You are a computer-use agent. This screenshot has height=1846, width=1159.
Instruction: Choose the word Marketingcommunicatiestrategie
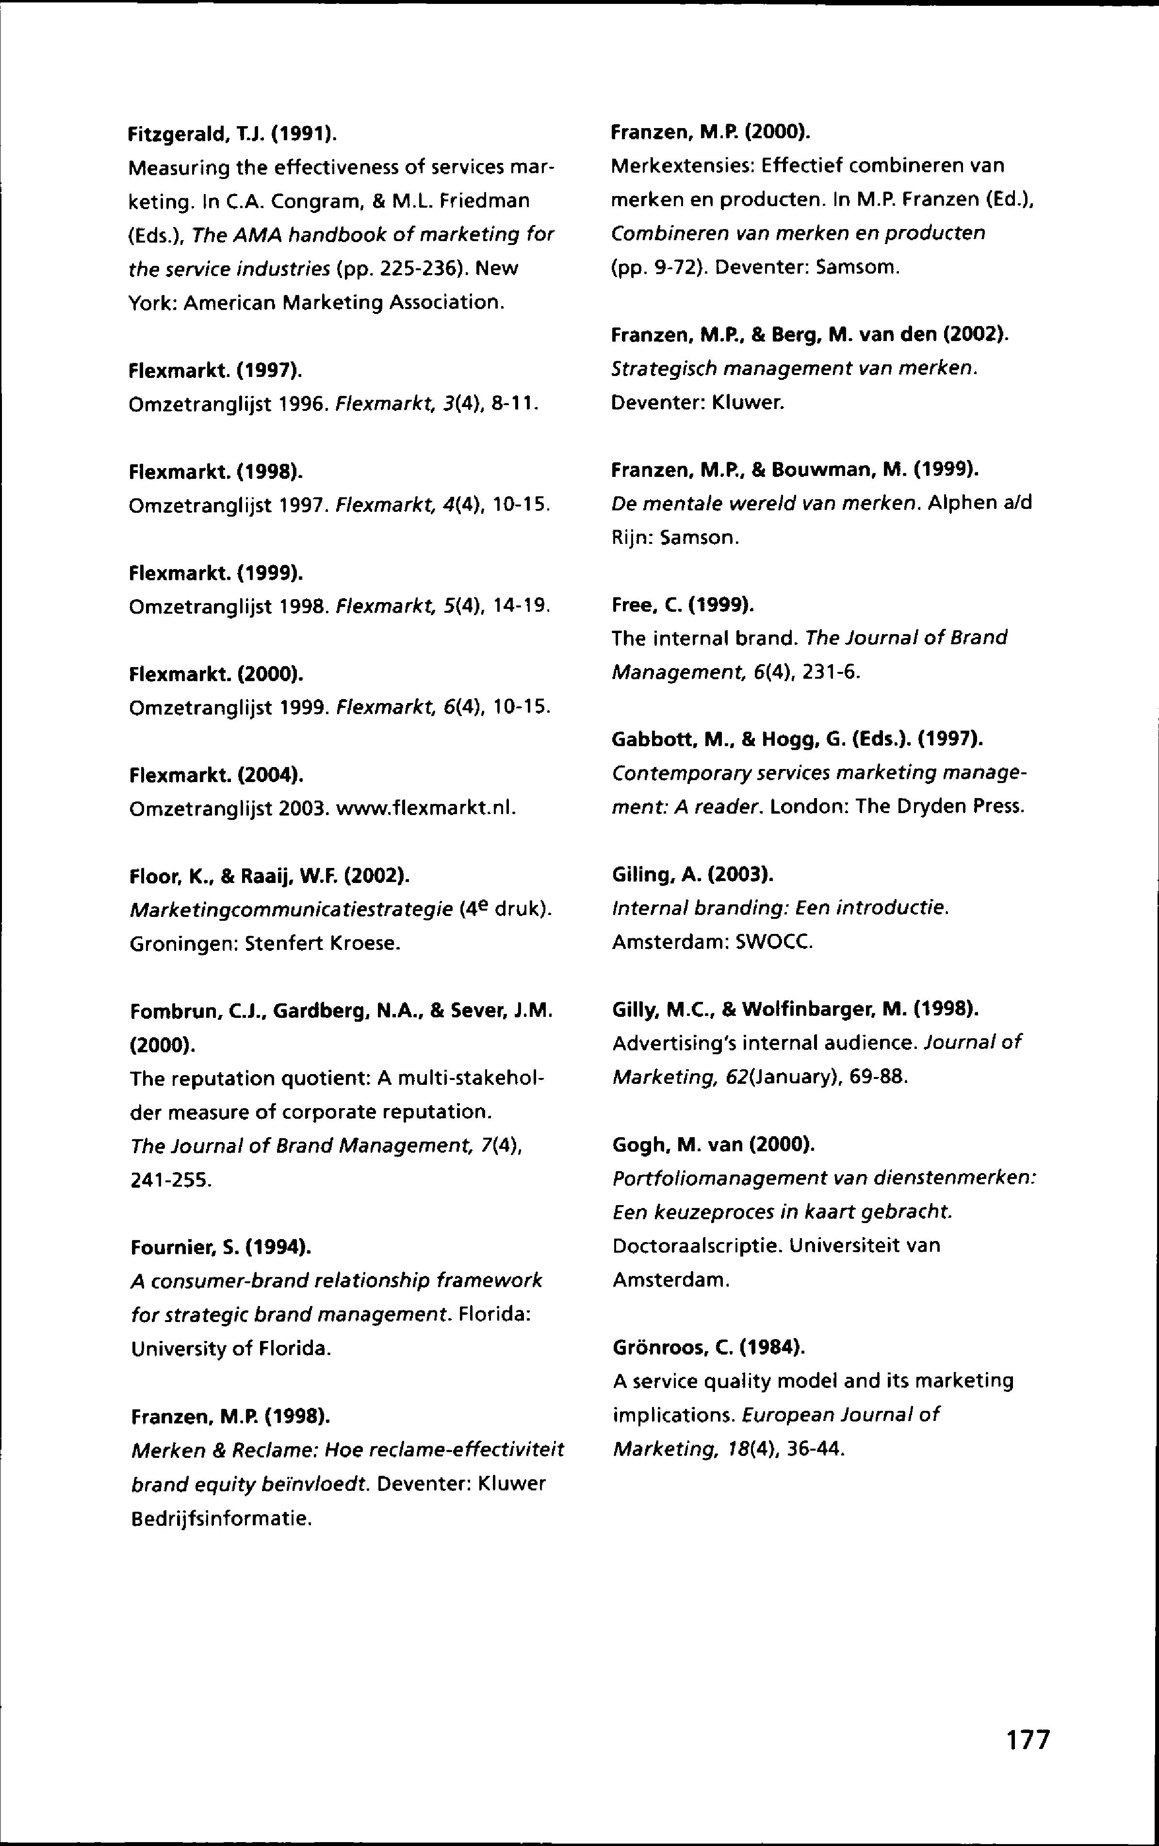click(x=291, y=910)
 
